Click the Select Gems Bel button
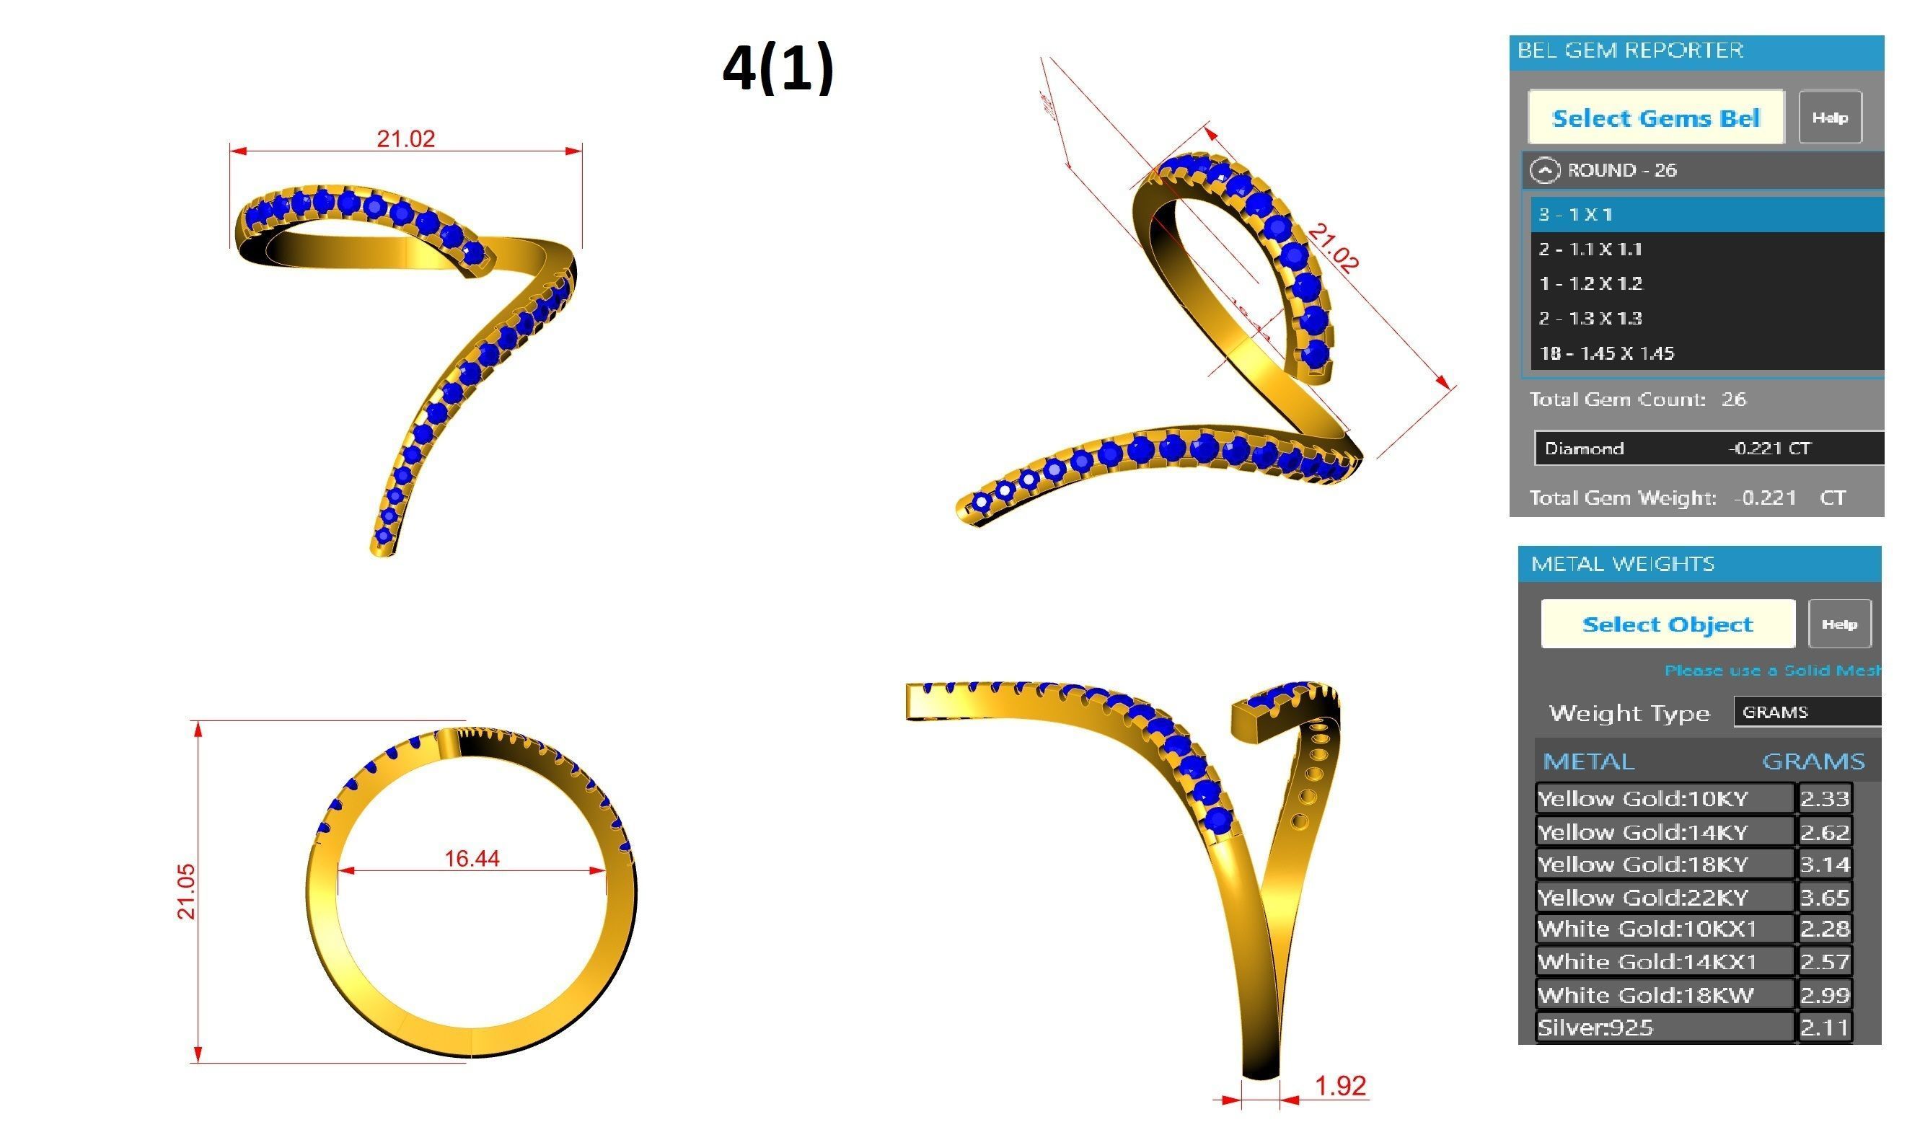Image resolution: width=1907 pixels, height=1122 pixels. (1655, 118)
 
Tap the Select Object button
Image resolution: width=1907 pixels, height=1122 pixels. (1667, 624)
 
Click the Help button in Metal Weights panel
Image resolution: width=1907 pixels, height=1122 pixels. (1839, 624)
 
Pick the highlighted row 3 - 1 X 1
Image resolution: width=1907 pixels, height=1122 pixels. (1706, 214)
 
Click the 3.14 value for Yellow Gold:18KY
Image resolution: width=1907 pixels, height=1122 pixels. (1824, 864)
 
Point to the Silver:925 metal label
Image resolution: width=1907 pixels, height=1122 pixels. (1595, 1028)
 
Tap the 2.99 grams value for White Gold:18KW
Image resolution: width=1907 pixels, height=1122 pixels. (1824, 995)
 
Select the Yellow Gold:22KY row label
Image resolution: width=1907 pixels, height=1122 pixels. (1642, 897)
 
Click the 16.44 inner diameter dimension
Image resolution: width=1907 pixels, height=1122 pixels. (472, 859)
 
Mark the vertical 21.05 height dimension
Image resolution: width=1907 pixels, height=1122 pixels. (186, 891)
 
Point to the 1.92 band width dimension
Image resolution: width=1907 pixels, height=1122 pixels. (1340, 1087)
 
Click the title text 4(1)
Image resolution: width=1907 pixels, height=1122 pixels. (778, 68)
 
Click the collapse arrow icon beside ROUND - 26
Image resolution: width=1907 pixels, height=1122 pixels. (1544, 170)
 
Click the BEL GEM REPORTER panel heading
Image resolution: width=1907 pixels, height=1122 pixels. (1630, 50)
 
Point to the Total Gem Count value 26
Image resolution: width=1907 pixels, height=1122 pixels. (1733, 399)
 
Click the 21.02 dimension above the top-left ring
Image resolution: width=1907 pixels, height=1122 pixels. (405, 139)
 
